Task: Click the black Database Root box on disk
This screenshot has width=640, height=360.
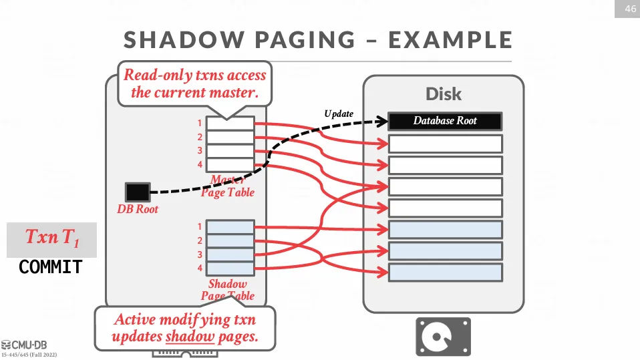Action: [445, 122]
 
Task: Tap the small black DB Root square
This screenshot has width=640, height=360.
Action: [138, 192]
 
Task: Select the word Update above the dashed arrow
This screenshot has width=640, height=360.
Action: [339, 114]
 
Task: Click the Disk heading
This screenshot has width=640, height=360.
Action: [444, 94]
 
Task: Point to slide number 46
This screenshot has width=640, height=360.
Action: [629, 9]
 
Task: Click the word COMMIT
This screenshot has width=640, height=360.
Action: [51, 267]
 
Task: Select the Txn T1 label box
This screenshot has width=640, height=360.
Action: [51, 238]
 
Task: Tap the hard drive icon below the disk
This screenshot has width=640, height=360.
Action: [443, 336]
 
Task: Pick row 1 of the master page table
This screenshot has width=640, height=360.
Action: [230, 123]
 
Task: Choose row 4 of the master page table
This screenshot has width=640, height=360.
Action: [230, 164]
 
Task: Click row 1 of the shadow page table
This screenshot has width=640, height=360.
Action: [230, 227]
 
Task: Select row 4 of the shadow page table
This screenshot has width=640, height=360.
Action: [230, 268]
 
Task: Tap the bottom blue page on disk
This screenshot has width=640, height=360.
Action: [445, 273]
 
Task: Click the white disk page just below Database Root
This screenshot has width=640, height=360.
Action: [445, 144]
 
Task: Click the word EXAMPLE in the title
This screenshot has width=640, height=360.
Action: [450, 40]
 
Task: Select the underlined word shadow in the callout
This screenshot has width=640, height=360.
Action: [190, 336]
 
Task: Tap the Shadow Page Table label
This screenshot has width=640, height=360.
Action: [227, 290]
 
